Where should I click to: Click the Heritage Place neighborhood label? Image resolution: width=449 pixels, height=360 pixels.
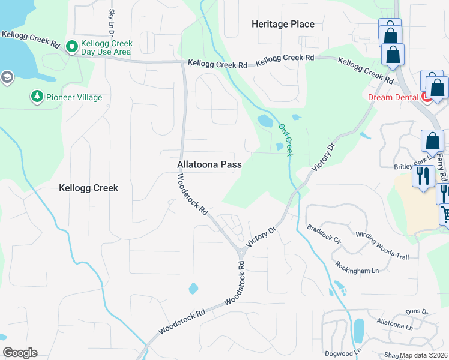pyautogui.click(x=283, y=24)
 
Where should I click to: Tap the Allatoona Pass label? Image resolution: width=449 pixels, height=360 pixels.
pyautogui.click(x=209, y=164)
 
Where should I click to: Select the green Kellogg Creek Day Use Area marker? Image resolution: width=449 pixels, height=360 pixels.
pyautogui.click(x=72, y=47)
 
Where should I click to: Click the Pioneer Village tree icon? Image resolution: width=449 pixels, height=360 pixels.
pyautogui.click(x=37, y=97)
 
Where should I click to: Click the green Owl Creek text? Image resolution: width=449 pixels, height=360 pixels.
pyautogui.click(x=285, y=140)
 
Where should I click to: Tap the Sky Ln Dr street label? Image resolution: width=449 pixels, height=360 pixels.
pyautogui.click(x=112, y=20)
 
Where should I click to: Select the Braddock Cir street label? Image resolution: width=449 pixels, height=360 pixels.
pyautogui.click(x=324, y=234)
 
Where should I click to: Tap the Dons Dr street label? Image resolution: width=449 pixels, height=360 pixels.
pyautogui.click(x=416, y=312)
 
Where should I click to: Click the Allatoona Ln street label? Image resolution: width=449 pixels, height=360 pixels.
pyautogui.click(x=394, y=325)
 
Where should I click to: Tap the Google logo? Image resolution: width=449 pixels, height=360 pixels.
pyautogui.click(x=20, y=353)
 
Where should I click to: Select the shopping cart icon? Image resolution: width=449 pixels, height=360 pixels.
pyautogui.click(x=445, y=213)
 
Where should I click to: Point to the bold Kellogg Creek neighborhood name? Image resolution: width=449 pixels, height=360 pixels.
pyautogui.click(x=88, y=188)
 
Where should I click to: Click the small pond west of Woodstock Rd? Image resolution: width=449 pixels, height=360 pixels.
pyautogui.click(x=193, y=289)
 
